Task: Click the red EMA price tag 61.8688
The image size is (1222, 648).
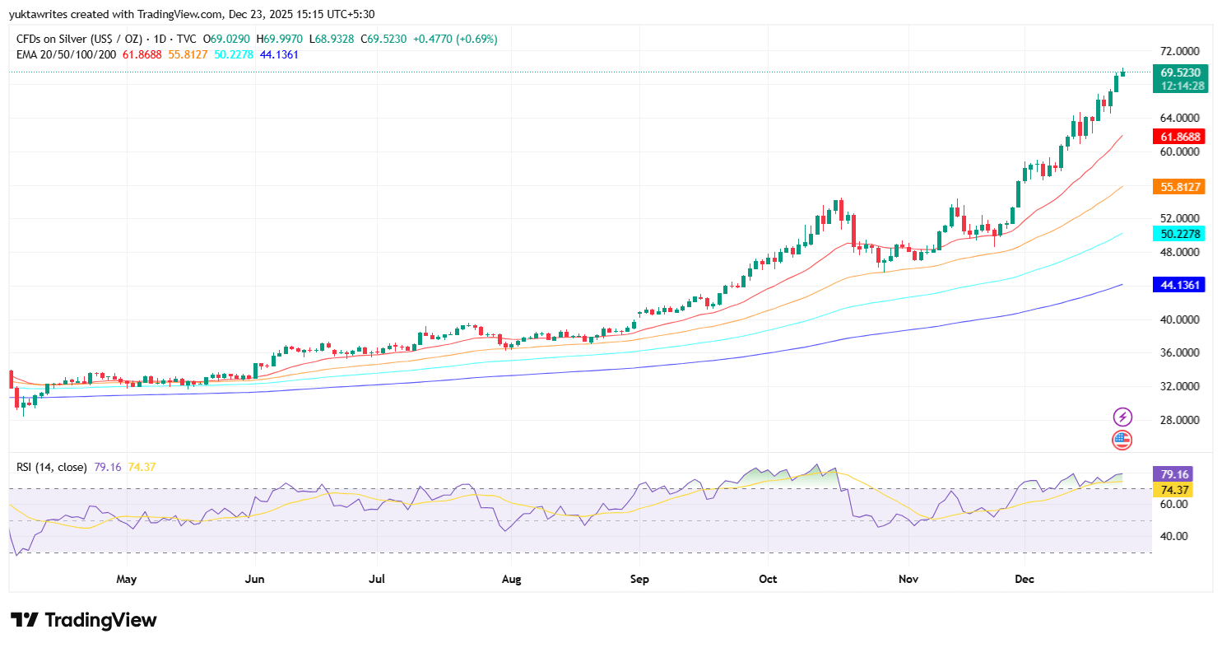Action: click(x=1179, y=137)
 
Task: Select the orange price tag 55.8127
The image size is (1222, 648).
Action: click(x=1179, y=187)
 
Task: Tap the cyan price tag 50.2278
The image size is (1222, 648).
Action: click(x=1179, y=234)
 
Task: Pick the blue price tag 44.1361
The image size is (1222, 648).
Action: click(x=1179, y=285)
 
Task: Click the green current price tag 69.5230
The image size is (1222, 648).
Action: click(x=1179, y=72)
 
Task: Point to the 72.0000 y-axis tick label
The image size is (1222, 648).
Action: click(x=1179, y=51)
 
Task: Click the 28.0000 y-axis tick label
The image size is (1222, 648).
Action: click(x=1179, y=420)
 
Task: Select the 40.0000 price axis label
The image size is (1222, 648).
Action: click(x=1179, y=319)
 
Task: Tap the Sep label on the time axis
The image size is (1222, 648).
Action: click(x=639, y=579)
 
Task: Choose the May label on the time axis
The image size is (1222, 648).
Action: click(x=126, y=579)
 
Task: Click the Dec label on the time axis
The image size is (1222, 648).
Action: click(x=1025, y=579)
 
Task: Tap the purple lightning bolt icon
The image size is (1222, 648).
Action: click(x=1122, y=417)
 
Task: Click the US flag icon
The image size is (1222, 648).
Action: click(x=1122, y=440)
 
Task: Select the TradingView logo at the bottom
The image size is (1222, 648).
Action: click(x=83, y=620)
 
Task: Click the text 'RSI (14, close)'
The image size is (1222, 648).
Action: click(x=51, y=467)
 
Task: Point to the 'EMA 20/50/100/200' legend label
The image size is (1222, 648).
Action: click(x=67, y=54)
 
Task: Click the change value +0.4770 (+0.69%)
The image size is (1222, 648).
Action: click(x=455, y=39)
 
